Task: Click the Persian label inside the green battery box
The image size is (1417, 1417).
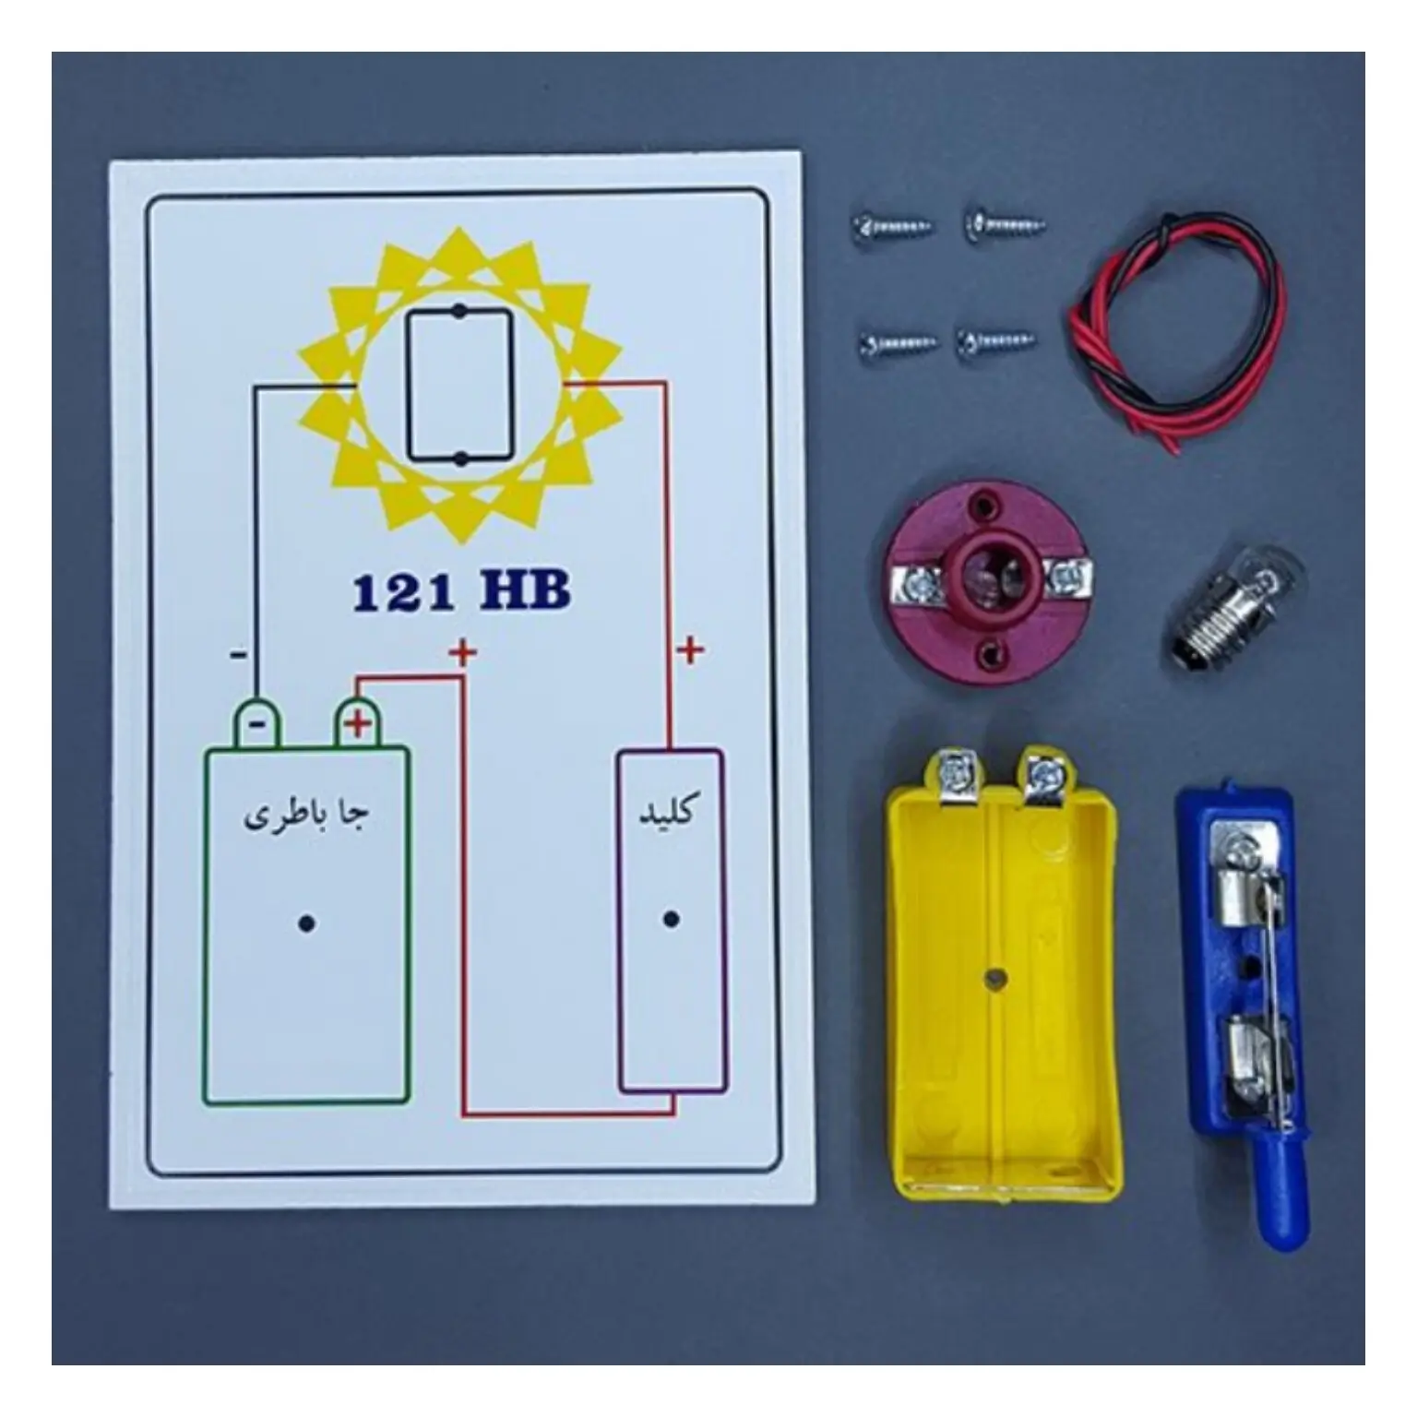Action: (x=306, y=816)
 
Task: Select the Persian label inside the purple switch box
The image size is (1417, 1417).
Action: (x=668, y=812)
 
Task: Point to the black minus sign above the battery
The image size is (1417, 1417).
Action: (x=238, y=655)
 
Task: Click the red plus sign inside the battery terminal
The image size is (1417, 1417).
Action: (x=357, y=724)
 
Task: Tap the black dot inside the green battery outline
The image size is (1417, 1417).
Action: (x=306, y=923)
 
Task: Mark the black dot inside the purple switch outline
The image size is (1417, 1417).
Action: (x=672, y=919)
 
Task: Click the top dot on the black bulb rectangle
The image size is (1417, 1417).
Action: (x=458, y=312)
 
